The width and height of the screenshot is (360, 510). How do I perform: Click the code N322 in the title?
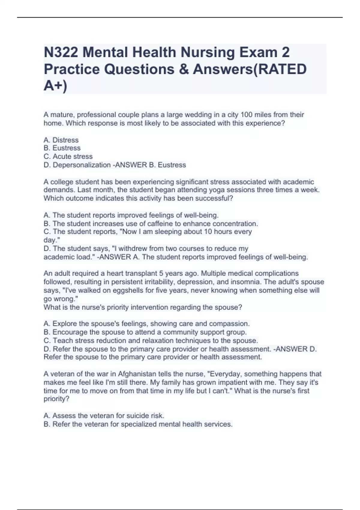[x=61, y=52]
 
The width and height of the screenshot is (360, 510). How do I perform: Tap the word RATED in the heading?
[x=282, y=69]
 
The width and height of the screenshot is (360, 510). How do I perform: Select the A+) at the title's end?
[x=55, y=86]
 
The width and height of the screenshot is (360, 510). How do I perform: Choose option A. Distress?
[x=61, y=140]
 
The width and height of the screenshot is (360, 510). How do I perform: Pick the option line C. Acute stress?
[x=68, y=156]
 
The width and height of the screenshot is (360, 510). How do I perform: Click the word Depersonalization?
[x=82, y=165]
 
